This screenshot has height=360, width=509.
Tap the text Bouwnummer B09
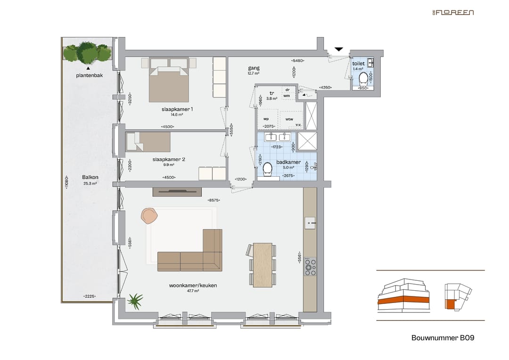[x=443, y=338]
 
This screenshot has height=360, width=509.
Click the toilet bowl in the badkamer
[x=268, y=169]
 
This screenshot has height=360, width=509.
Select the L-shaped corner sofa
[x=196, y=254]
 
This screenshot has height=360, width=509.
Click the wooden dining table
[x=263, y=265]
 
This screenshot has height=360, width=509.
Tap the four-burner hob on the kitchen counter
[x=310, y=267]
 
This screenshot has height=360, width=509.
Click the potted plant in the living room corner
[x=135, y=301]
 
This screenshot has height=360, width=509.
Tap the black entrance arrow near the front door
[x=339, y=49]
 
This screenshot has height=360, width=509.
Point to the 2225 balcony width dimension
[x=90, y=296]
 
